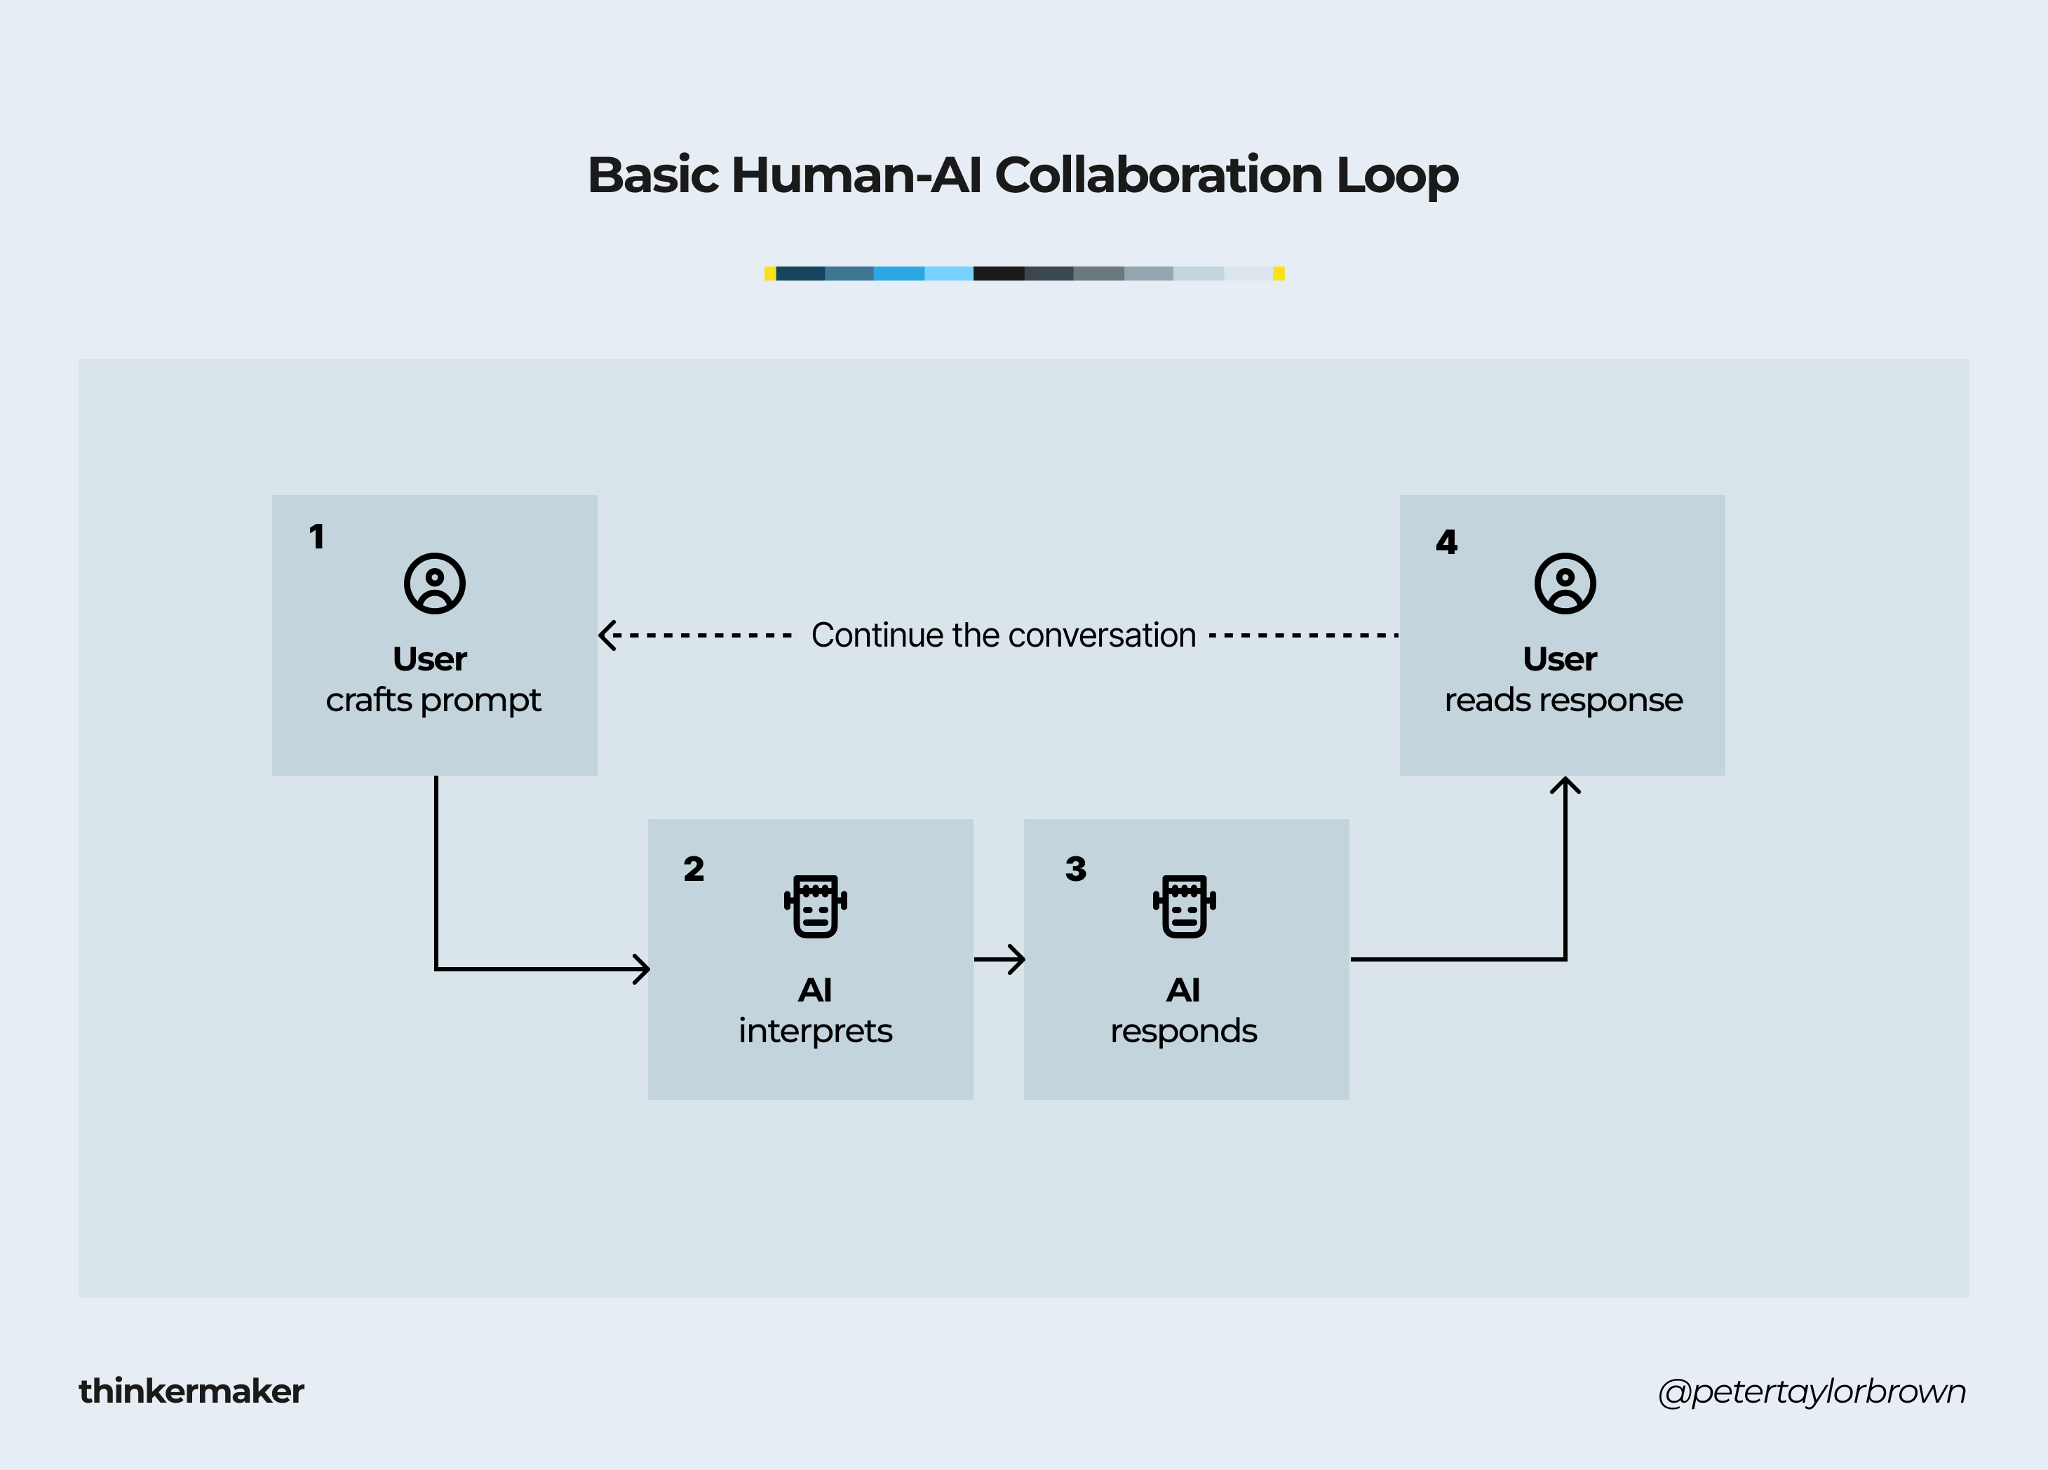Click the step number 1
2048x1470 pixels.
click(317, 537)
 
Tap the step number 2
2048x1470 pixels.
click(694, 869)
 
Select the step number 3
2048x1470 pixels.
click(1075, 869)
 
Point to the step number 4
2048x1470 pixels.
click(1447, 541)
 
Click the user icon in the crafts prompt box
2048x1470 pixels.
click(434, 584)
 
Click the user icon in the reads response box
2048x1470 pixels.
click(1565, 584)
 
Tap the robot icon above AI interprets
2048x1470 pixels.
click(816, 905)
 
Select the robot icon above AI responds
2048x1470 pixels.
click(1184, 905)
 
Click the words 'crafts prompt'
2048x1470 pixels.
click(433, 701)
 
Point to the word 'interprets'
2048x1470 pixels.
click(816, 1031)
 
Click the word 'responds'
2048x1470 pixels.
click(1184, 1031)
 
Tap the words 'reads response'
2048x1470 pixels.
click(1563, 701)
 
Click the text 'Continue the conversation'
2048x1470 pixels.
click(1003, 635)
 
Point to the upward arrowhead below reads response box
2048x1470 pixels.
click(1565, 786)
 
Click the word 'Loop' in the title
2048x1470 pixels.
click(1397, 175)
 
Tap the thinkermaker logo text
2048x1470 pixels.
click(191, 1391)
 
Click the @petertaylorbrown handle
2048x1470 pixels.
click(1812, 1391)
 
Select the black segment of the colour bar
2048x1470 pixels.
click(999, 274)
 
